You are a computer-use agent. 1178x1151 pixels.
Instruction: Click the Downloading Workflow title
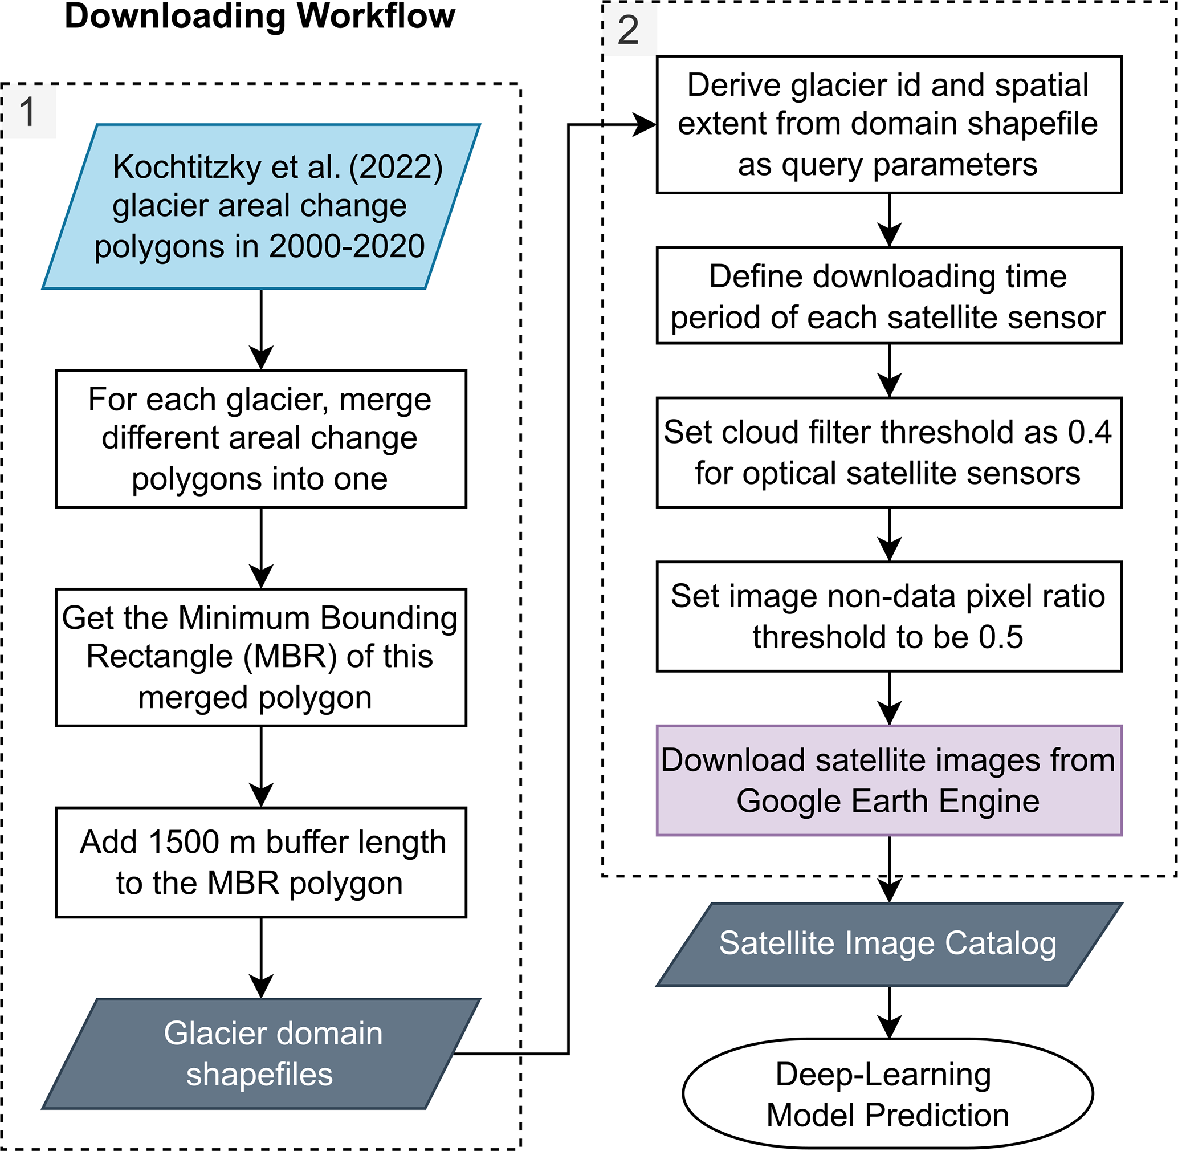click(259, 17)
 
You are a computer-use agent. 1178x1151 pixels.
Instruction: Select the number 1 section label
click(28, 112)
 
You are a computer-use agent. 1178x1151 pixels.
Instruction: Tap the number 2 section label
click(629, 30)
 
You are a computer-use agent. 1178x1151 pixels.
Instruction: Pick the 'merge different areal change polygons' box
click(260, 439)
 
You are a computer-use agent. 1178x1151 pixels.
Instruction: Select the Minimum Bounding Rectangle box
click(260, 658)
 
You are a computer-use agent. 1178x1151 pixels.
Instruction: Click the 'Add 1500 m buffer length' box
click(260, 863)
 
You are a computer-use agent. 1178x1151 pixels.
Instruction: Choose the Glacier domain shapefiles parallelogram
click(260, 1054)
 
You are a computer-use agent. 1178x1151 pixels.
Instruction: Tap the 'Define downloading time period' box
click(888, 296)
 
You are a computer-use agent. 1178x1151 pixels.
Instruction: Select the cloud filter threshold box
click(888, 453)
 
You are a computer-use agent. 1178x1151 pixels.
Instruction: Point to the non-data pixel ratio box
click(888, 617)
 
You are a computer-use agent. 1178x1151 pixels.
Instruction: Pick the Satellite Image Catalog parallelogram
click(888, 944)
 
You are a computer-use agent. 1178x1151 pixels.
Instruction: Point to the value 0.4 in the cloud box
click(1089, 433)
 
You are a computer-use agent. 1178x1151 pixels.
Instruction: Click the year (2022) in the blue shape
click(396, 168)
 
